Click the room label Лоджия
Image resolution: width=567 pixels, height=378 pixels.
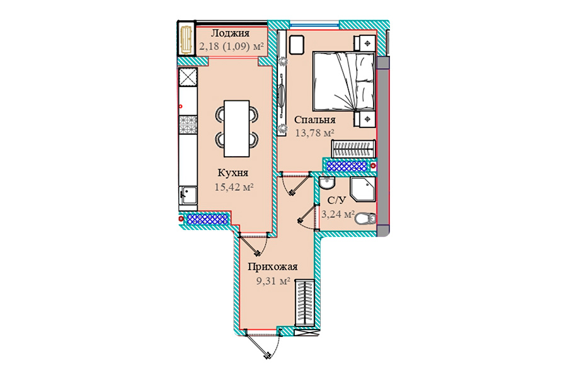click(x=230, y=33)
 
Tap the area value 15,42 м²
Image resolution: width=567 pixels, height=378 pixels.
click(x=234, y=187)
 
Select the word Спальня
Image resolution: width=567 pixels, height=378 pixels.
click(x=314, y=120)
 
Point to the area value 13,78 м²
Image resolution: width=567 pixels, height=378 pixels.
click(x=314, y=133)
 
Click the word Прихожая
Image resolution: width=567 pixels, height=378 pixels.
click(x=273, y=267)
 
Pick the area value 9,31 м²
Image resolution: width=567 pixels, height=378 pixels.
click(x=273, y=281)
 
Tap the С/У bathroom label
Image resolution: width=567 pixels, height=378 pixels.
click(x=336, y=200)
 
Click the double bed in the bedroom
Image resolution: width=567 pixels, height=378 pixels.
click(x=343, y=81)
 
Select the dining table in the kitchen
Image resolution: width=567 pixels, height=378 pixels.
click(x=237, y=129)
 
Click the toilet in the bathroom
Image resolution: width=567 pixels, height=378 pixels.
click(x=366, y=219)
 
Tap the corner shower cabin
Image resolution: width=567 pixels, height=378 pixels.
click(x=363, y=189)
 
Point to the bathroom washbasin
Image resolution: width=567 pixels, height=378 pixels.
click(x=327, y=183)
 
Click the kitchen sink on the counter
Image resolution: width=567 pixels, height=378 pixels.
click(x=188, y=195)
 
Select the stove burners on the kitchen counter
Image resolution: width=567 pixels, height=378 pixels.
click(x=188, y=125)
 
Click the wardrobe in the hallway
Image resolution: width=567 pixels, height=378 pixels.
click(x=304, y=303)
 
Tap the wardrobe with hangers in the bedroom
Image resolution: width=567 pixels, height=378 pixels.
click(x=353, y=149)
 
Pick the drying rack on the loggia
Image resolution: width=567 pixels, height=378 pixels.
click(x=186, y=40)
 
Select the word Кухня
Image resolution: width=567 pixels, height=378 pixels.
click(x=233, y=173)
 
